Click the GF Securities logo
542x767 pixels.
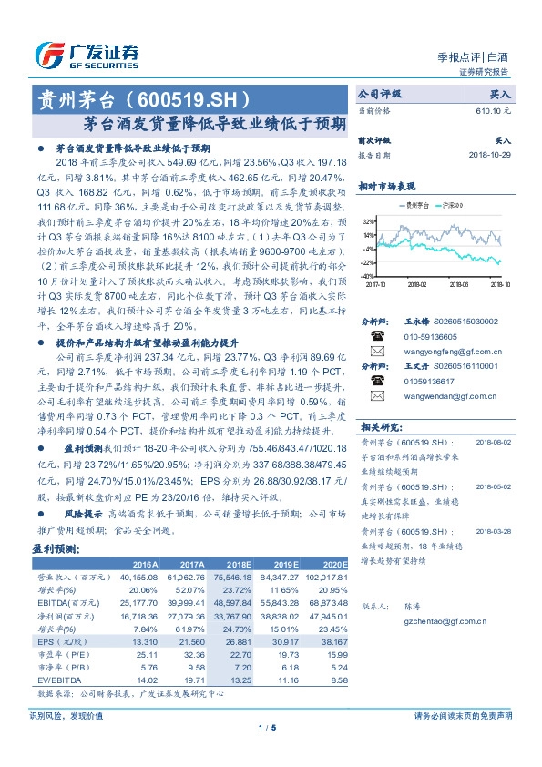(x=87, y=55)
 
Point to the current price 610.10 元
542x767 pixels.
(x=492, y=110)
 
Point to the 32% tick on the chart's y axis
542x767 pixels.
(x=367, y=221)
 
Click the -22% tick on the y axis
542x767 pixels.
(x=366, y=261)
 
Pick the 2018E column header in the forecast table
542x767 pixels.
(x=236, y=563)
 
